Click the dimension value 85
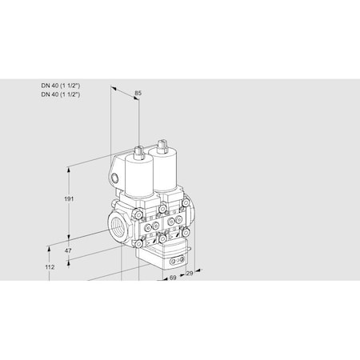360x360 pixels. coord(138,94)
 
